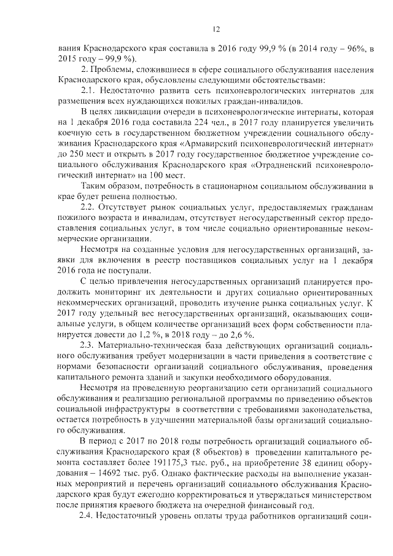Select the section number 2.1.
pos(91,90)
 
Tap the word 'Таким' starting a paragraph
pos(93,186)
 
